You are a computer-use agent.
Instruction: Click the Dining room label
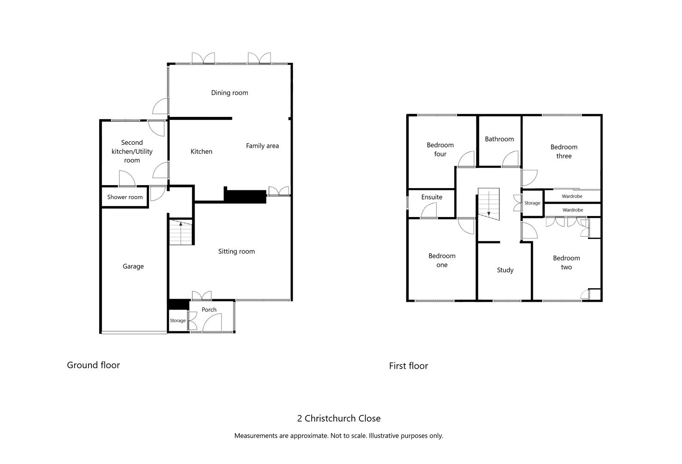point(229,93)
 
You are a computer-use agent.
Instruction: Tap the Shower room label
point(125,197)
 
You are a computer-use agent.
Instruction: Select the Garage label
point(133,266)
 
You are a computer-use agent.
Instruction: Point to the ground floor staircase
point(180,232)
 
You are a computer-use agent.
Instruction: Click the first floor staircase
point(489,204)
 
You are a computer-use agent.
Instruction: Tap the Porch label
point(209,310)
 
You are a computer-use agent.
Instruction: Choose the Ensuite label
point(432,197)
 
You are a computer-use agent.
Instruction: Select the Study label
point(505,270)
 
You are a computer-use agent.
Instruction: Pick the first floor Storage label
point(532,203)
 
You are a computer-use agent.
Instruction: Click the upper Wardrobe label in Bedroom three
point(572,196)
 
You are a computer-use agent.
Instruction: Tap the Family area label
point(262,146)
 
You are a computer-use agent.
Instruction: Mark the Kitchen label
point(201,152)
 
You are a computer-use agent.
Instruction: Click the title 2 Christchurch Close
point(339,418)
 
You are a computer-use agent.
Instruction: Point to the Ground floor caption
point(93,365)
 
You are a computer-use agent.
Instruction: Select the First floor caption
point(408,366)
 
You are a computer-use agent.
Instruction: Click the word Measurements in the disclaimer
point(255,436)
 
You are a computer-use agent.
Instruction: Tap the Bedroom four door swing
point(467,159)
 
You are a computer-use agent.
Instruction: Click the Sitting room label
point(236,252)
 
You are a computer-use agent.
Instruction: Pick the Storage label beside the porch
point(177,321)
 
